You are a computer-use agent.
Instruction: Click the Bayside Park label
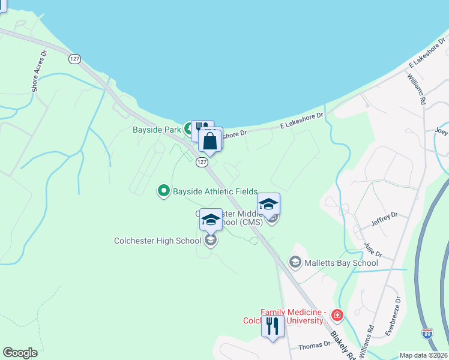(157, 129)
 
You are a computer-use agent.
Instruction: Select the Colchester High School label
(158, 241)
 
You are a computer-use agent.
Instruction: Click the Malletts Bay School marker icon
(295, 262)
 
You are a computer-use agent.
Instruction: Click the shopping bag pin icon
(211, 142)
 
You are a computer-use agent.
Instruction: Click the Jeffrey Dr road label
(384, 220)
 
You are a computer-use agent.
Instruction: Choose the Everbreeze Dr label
(392, 315)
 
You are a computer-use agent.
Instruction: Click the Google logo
(20, 353)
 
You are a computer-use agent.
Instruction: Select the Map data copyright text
(423, 355)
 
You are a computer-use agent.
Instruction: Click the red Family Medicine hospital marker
(337, 314)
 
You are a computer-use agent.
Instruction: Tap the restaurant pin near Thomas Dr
(273, 326)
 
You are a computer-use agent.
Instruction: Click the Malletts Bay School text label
(342, 263)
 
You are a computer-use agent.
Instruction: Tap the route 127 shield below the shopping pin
(202, 163)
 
